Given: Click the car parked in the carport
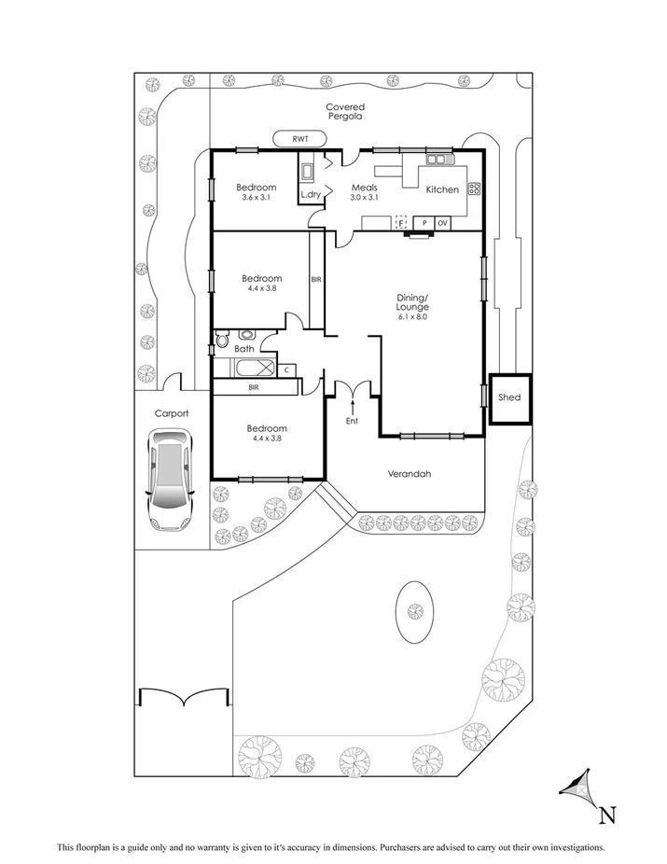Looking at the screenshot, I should click(x=170, y=480).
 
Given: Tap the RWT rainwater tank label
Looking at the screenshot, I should click(x=299, y=139).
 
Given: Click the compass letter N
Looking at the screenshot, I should click(x=607, y=815).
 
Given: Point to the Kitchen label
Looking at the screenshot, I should click(x=442, y=189).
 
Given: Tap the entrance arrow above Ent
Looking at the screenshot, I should click(x=353, y=404).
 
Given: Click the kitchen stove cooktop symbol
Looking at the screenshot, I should click(x=474, y=188).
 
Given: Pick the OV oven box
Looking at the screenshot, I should click(x=443, y=223).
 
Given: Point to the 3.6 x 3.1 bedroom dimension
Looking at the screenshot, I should click(x=255, y=197).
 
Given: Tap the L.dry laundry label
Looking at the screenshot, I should click(x=310, y=195).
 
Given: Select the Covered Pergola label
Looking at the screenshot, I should click(x=345, y=113).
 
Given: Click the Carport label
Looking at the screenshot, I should click(x=172, y=412).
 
